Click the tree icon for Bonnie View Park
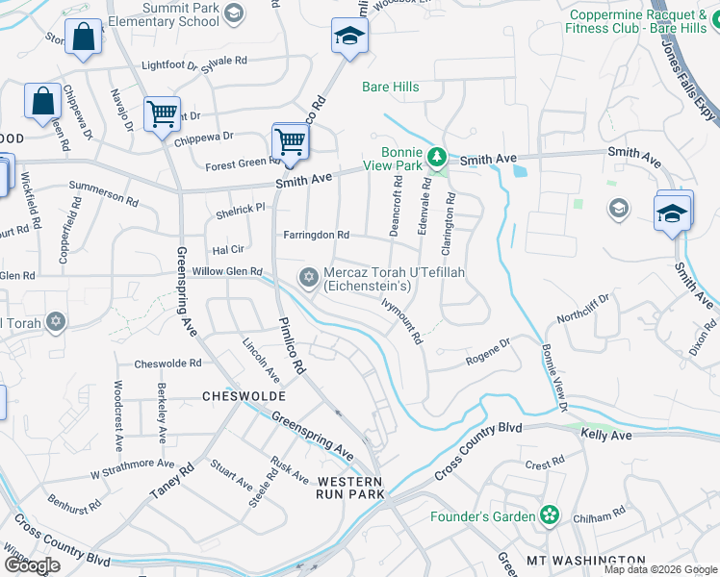coord(436,156)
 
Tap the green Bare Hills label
coord(390,88)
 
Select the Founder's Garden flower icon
coord(550,516)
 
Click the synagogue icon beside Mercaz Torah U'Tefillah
coord(309,279)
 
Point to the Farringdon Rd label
coord(316,235)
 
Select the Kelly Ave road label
coord(605,436)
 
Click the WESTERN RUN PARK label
coord(350,487)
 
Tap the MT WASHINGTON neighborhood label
coord(585,560)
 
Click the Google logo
coord(32,565)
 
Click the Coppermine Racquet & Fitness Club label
coord(645,21)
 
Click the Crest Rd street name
coord(545,464)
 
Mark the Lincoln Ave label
coord(261,358)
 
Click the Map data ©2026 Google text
coord(659,569)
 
